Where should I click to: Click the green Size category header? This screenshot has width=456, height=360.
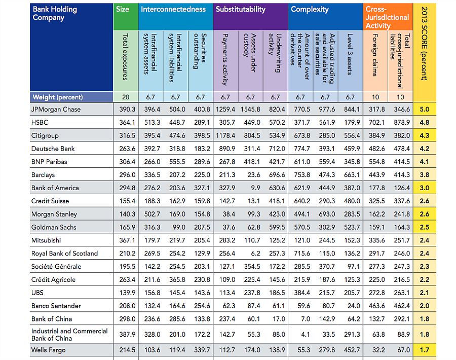123,9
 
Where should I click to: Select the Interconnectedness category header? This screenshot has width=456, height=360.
173,9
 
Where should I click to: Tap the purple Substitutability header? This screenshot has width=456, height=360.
241,9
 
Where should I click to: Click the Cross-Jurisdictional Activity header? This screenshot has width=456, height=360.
387,17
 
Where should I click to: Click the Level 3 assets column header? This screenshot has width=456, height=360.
350,54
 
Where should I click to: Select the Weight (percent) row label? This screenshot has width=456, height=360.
57,97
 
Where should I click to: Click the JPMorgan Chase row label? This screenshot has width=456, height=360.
56,110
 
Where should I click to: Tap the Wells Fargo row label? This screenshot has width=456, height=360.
49,350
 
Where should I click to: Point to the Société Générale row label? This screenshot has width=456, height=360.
56,267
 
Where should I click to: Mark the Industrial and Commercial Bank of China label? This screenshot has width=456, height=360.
69,335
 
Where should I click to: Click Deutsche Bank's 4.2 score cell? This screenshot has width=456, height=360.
424,149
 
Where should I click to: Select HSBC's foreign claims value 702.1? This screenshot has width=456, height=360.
375,123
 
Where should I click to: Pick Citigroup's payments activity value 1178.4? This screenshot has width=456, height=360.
225,136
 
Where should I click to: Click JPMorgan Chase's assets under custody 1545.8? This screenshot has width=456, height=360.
250,110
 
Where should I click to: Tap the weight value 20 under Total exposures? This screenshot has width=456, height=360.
125,97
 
